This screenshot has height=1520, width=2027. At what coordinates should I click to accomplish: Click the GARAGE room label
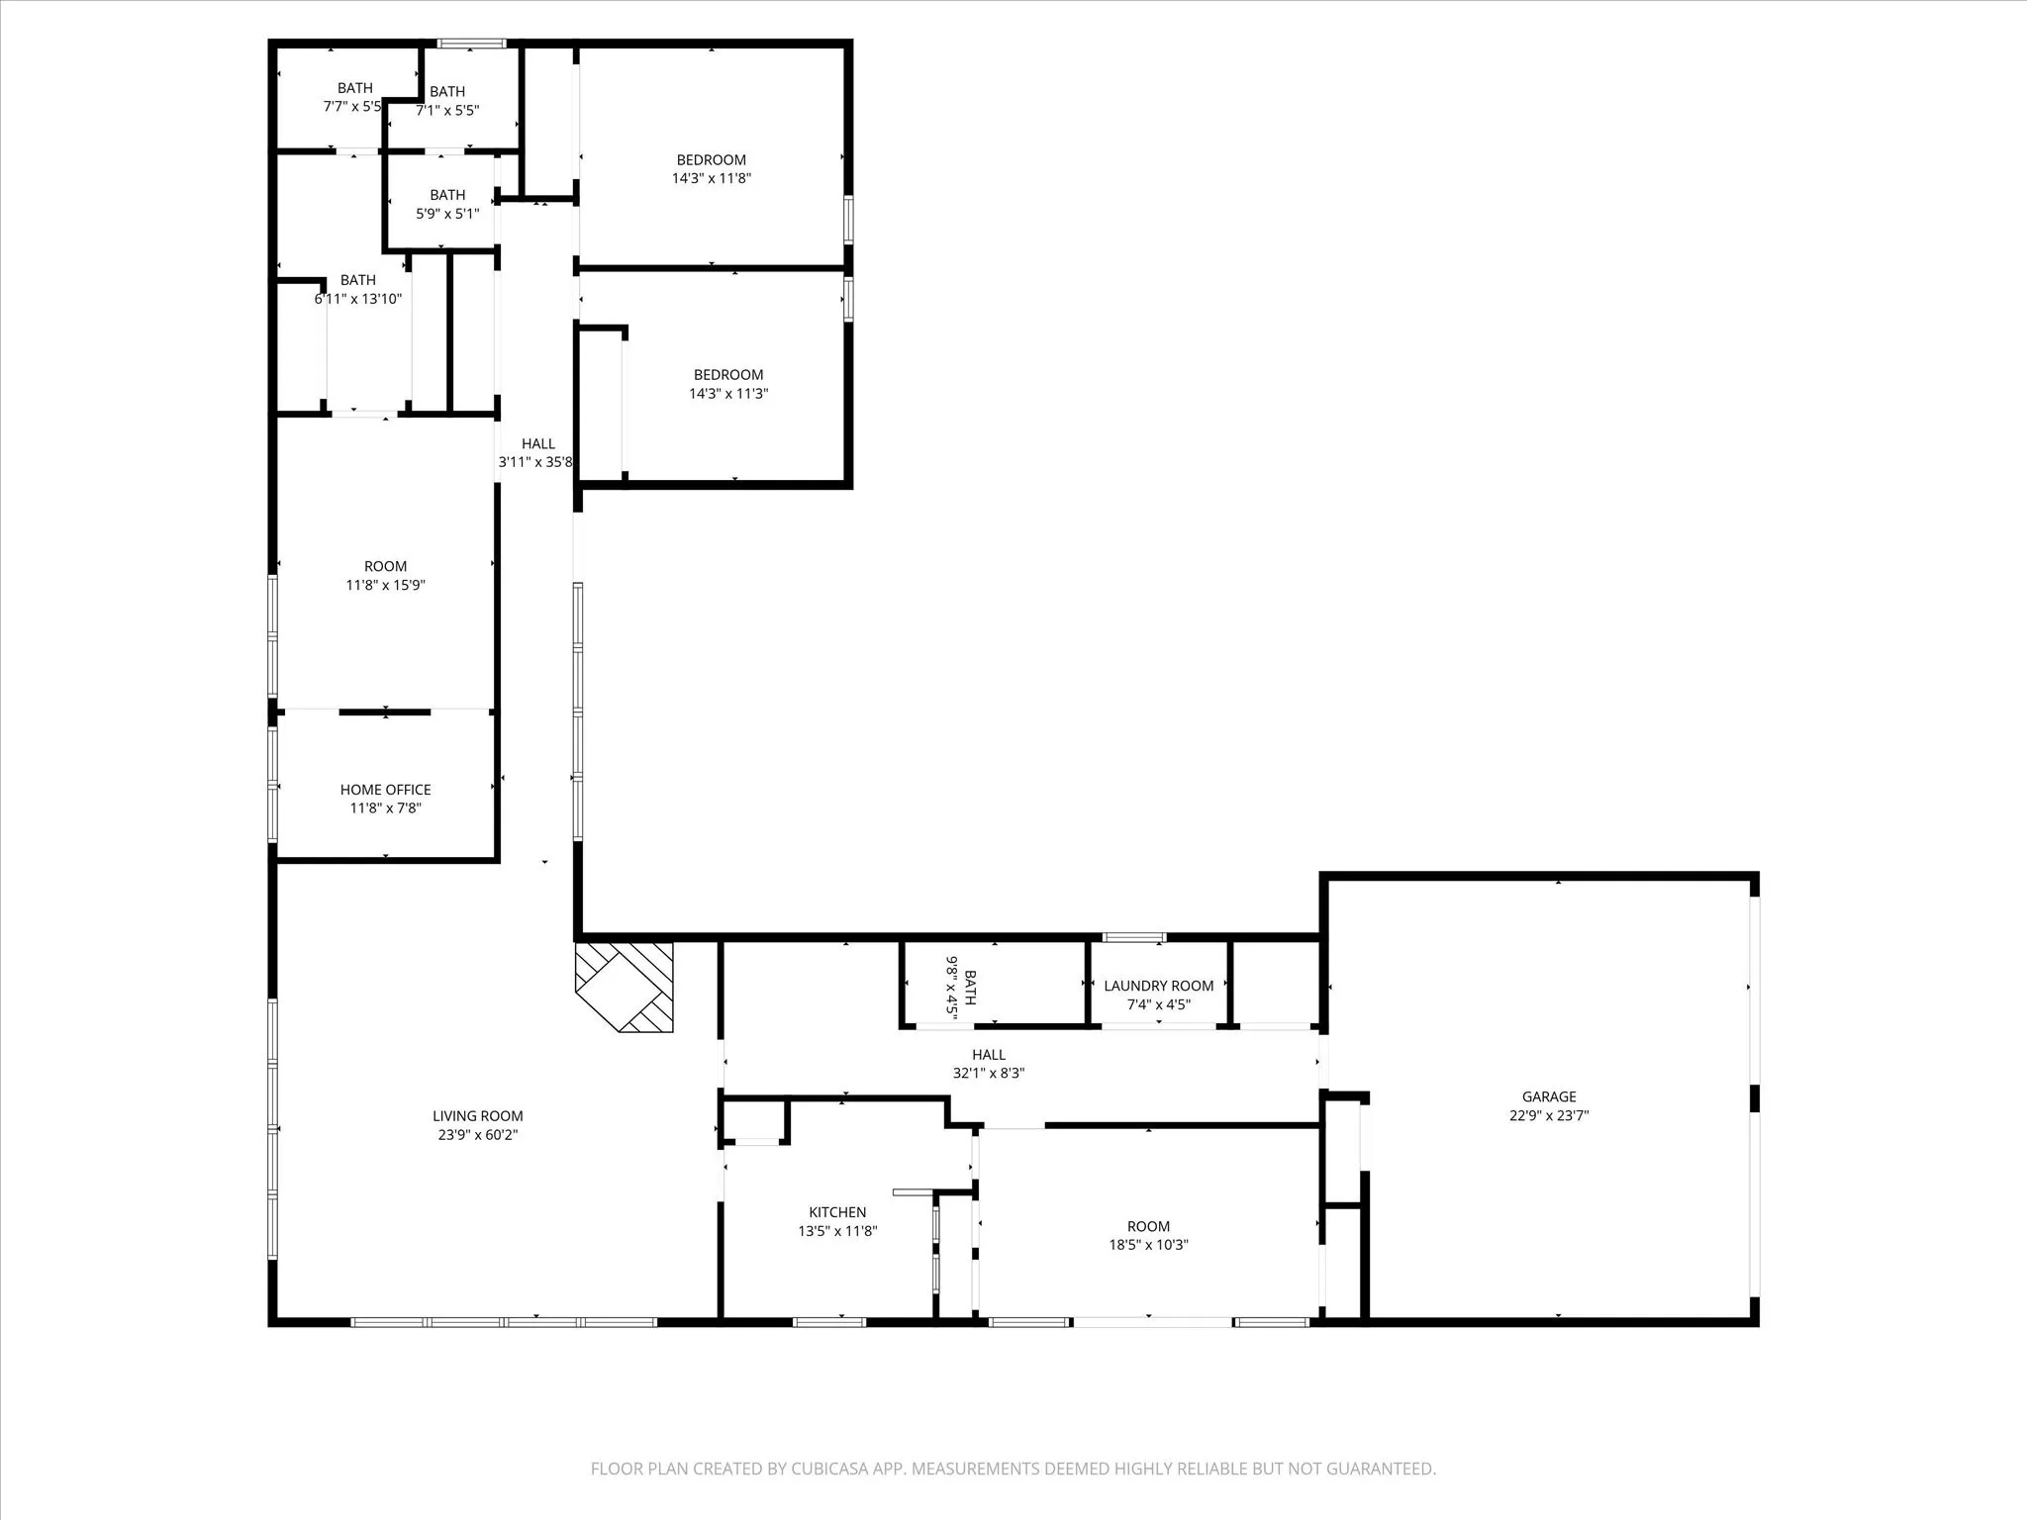[1549, 1096]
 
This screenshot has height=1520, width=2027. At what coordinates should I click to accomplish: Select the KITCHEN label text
[837, 1212]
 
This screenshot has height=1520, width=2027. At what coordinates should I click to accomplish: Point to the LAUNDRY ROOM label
[1158, 986]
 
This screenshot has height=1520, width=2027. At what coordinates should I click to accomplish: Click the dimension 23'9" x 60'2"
[478, 1135]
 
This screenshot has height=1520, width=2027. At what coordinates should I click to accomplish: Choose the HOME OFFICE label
[385, 790]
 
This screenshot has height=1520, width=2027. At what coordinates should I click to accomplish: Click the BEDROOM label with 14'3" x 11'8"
[711, 160]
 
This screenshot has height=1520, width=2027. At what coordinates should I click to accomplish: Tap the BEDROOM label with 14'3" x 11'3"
[727, 375]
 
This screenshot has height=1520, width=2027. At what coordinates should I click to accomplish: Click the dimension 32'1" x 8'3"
[988, 1073]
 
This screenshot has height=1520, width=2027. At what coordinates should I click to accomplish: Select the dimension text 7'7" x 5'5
[352, 107]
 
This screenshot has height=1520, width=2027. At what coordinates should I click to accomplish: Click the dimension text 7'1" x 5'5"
[447, 111]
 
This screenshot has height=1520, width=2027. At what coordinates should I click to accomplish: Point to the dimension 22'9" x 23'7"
[1549, 1115]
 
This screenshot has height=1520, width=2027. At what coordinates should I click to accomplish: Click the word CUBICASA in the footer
[831, 1469]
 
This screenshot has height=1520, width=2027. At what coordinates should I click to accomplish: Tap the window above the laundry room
[1134, 937]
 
